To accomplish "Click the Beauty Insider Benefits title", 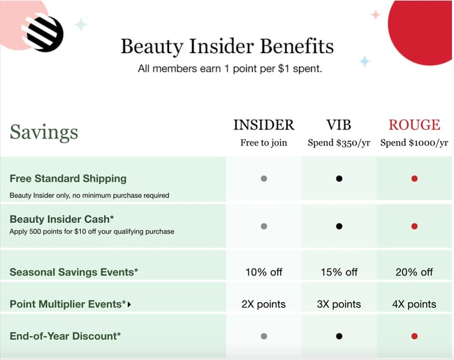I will (227, 47).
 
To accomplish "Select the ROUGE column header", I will (414, 125).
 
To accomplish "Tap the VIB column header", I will (339, 125).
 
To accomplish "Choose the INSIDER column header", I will (263, 125).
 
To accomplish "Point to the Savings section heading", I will (43, 132).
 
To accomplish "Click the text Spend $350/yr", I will (339, 143).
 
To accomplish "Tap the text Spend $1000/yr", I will (414, 143).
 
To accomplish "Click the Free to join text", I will (263, 143).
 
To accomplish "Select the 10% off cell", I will (263, 272).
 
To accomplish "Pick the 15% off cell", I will (339, 272).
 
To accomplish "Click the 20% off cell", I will (414, 272).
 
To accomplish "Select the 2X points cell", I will (263, 304).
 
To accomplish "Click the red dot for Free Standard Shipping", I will (414, 179).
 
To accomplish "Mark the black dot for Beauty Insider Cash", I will (339, 226).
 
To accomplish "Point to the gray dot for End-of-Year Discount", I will (263, 336).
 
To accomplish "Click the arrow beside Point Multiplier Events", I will (129, 305).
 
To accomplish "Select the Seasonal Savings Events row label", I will (73, 272).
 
